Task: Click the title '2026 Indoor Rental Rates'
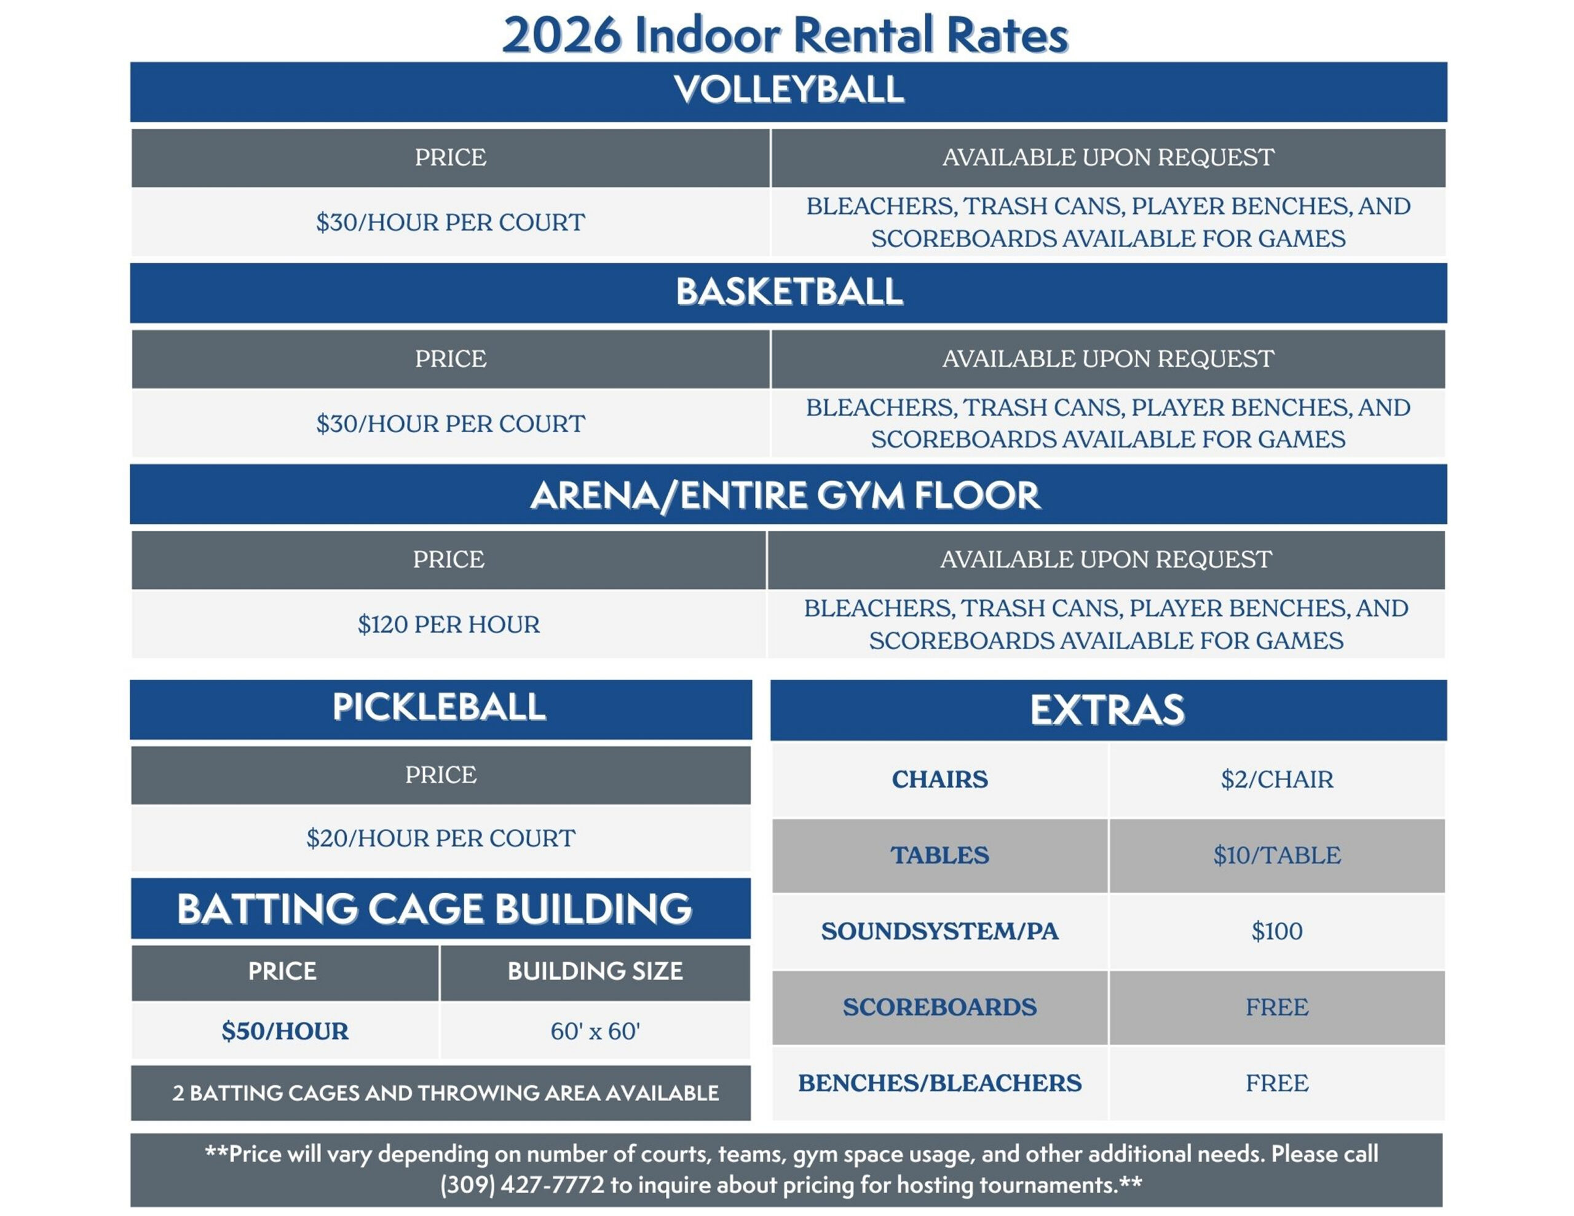pyautogui.click(x=785, y=34)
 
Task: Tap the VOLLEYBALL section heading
pyautogui.click(x=788, y=89)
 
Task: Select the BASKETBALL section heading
pyautogui.click(x=788, y=291)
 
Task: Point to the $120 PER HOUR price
pyautogui.click(x=448, y=624)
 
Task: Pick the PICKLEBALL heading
pyautogui.click(x=439, y=706)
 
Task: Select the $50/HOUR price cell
pyautogui.click(x=285, y=1031)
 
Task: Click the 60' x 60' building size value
pyautogui.click(x=595, y=1032)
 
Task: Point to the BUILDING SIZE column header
pyautogui.click(x=595, y=971)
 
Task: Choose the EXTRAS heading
pyautogui.click(x=1107, y=710)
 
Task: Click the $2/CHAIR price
pyautogui.click(x=1277, y=779)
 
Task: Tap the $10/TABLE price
pyautogui.click(x=1277, y=855)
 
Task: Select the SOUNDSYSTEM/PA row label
pyautogui.click(x=939, y=931)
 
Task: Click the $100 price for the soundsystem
pyautogui.click(x=1277, y=931)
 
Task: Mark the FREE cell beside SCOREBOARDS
pyautogui.click(x=1277, y=1007)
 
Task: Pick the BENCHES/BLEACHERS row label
pyautogui.click(x=939, y=1083)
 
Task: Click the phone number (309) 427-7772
pyautogui.click(x=523, y=1185)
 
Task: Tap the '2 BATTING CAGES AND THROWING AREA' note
pyautogui.click(x=445, y=1093)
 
